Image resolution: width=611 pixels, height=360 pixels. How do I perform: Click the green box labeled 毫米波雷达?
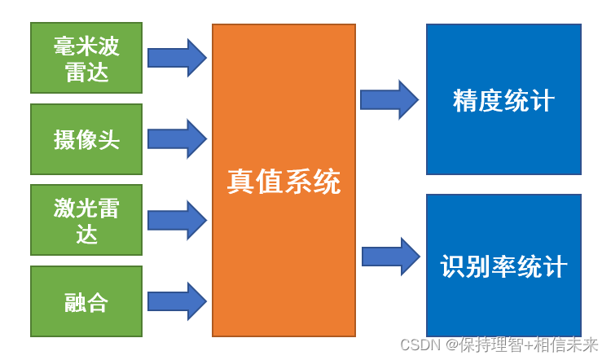pyautogui.click(x=86, y=57)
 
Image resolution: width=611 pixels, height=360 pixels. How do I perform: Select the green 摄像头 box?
pyautogui.click(x=86, y=138)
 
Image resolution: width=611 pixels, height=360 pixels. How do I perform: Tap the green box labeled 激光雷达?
pyautogui.click(x=86, y=220)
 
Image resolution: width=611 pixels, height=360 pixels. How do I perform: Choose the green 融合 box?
pyautogui.click(x=86, y=301)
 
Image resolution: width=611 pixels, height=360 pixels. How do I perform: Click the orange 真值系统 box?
pyautogui.click(x=284, y=180)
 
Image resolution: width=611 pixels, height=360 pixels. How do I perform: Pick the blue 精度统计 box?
pyautogui.click(x=503, y=99)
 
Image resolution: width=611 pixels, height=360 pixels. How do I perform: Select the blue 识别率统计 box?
pyautogui.click(x=503, y=266)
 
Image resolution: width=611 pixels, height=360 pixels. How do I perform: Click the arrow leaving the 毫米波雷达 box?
pyautogui.click(x=177, y=57)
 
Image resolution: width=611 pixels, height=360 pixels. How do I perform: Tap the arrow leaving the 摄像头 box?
pyautogui.click(x=177, y=138)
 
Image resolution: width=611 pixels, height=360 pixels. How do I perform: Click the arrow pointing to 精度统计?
pyautogui.click(x=389, y=99)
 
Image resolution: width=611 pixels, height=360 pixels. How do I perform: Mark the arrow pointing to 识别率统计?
pyautogui.click(x=389, y=257)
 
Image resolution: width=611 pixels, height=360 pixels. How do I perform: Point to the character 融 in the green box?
pyautogui.click(x=75, y=302)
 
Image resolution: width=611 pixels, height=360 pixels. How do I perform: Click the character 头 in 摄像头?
pyautogui.click(x=109, y=139)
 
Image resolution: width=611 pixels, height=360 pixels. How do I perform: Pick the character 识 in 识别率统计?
pyautogui.click(x=453, y=267)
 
